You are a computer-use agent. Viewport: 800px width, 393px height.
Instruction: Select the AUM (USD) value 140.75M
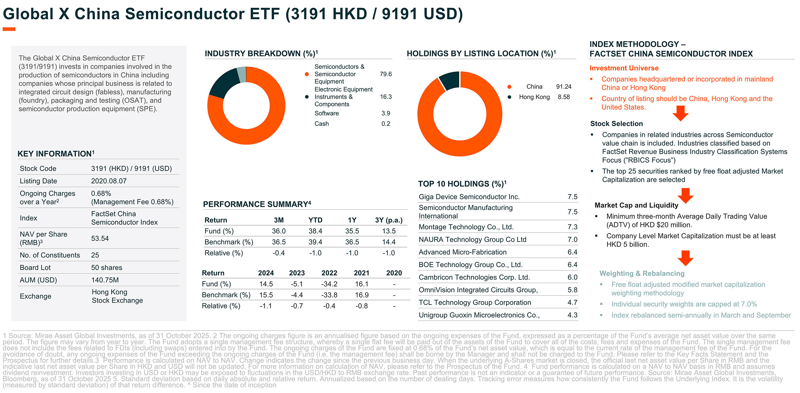tap(105, 280)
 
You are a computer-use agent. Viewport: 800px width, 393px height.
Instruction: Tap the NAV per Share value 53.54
tap(100, 238)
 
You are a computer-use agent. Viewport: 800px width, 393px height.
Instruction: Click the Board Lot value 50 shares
tap(107, 267)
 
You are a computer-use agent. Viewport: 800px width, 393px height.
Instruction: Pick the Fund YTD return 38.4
tap(315, 231)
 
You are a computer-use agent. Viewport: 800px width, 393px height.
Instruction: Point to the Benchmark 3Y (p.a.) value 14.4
tap(388, 242)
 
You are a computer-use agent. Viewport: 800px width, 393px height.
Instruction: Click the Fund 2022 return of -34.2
tap(329, 284)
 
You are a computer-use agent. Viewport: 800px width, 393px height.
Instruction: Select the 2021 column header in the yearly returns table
tap(361, 273)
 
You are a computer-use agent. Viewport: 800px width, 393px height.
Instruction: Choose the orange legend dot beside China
tap(509, 87)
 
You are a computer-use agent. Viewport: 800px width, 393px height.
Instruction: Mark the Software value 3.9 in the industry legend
tap(386, 113)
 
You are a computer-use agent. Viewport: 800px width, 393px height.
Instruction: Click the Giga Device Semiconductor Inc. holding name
tap(469, 197)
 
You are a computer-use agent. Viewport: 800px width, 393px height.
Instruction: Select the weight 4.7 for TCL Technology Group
tap(572, 302)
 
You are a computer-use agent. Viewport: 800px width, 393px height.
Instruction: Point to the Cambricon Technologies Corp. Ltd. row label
tap(474, 277)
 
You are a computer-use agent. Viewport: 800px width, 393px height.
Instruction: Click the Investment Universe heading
tap(624, 68)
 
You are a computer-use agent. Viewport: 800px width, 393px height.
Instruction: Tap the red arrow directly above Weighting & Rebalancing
tap(685, 258)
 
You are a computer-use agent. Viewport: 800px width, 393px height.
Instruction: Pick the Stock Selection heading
tap(616, 124)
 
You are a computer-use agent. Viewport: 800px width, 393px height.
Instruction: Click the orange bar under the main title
tap(9, 29)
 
